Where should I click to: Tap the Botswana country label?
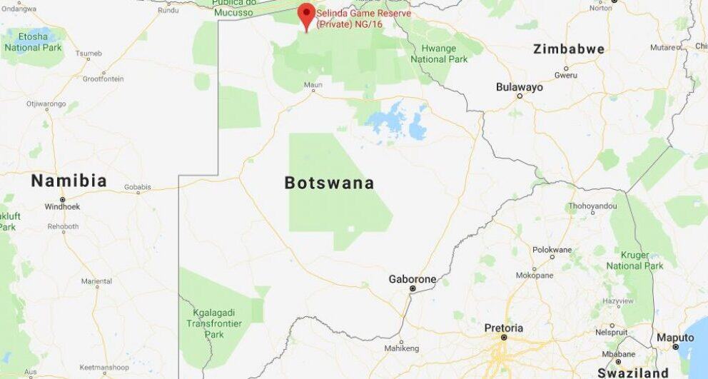(329, 183)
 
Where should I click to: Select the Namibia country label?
(69, 181)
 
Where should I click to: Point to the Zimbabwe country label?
(569, 49)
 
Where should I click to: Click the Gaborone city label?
(412, 279)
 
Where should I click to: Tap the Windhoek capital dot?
(63, 199)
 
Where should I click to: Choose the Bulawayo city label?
(520, 87)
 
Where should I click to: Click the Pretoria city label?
(504, 328)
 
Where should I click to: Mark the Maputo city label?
(675, 338)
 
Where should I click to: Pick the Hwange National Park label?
(438, 54)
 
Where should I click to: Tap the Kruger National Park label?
(634, 260)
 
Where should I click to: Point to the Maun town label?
(313, 85)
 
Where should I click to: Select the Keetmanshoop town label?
(105, 367)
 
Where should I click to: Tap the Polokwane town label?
(552, 250)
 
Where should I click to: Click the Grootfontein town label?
(103, 79)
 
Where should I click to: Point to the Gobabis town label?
(138, 187)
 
